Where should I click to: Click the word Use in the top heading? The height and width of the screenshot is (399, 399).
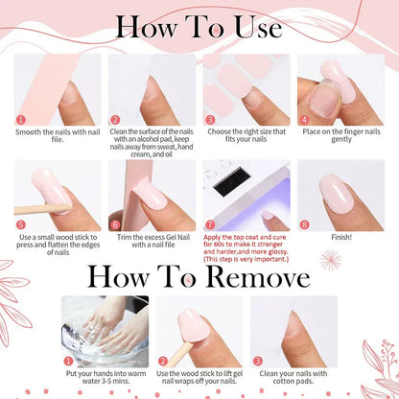coord(258,27)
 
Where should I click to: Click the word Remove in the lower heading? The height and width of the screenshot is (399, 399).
coord(258,277)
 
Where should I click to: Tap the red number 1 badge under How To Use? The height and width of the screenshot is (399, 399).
coord(20,120)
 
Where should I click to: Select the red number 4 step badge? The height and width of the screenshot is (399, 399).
coord(304,120)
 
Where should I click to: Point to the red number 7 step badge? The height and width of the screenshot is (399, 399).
coord(210,224)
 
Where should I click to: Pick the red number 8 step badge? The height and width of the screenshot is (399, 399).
coord(304,224)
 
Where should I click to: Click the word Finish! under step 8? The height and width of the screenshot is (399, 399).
coord(341,237)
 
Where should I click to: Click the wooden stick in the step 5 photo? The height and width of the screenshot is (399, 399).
coord(41,209)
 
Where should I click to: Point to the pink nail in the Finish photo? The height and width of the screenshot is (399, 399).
coord(337,194)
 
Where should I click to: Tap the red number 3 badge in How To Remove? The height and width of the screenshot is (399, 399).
coord(257,362)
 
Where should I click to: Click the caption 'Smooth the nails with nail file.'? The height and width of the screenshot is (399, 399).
coord(58,135)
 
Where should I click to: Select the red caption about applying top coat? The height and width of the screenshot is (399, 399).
coord(246,248)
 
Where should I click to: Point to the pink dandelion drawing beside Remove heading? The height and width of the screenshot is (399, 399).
coord(331,260)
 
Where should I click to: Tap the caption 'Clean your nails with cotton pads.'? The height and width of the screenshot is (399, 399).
coord(293,377)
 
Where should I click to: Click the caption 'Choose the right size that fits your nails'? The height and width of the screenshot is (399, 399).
coord(246,135)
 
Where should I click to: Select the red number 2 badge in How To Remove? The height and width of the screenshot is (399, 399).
coord(163,362)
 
